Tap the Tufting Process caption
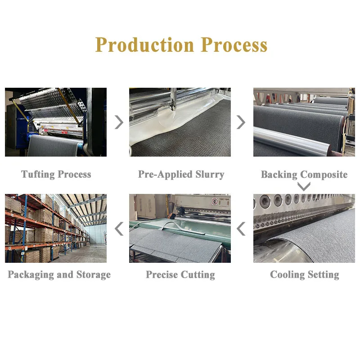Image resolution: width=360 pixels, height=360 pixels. (56, 174)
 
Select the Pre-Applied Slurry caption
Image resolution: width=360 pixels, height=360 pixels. (181, 174)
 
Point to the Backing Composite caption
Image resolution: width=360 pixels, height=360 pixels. (304, 174)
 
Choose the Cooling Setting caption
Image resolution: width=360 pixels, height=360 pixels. (305, 274)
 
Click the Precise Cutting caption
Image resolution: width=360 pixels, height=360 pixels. (180, 274)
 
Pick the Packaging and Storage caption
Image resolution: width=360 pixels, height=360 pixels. (59, 274)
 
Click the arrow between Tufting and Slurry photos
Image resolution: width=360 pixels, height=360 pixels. (119, 122)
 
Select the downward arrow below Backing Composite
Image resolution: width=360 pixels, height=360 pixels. (304, 186)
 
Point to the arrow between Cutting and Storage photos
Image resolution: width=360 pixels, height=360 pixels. (119, 229)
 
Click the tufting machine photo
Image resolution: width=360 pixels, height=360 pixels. (56, 122)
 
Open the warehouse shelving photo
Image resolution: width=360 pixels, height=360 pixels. (56, 229)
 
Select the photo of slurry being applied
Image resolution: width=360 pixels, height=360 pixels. (180, 122)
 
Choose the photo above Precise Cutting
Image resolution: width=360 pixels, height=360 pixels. (180, 229)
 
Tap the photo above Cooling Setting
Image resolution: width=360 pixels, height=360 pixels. (304, 229)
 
